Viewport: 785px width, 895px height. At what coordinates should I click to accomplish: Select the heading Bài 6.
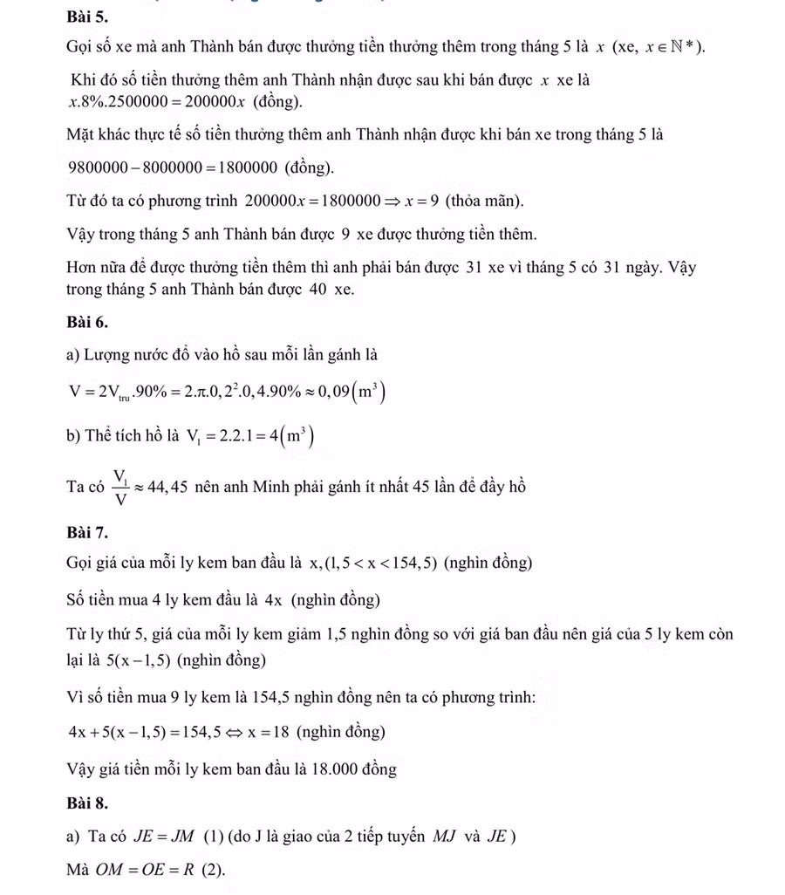86,322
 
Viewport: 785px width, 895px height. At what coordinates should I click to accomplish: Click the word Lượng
106,355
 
